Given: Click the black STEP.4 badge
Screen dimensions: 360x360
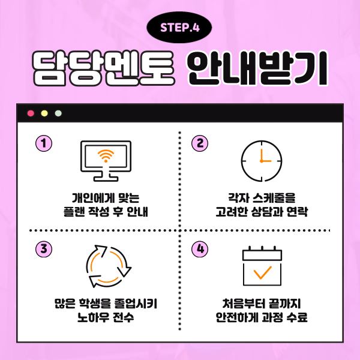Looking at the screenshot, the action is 179,28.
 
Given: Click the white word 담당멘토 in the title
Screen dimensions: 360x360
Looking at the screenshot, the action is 104,68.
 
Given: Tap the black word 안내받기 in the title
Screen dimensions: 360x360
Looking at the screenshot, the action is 258,68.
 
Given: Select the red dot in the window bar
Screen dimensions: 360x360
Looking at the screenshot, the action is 31,113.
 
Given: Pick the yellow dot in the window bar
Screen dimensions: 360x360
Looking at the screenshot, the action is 44,113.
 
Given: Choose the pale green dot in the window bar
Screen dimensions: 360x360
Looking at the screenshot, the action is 58,113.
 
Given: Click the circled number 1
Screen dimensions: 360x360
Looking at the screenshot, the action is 44,143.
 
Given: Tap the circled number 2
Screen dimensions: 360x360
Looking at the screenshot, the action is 200,143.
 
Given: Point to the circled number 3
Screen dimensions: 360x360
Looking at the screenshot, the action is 44,249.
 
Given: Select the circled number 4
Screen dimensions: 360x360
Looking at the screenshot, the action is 200,249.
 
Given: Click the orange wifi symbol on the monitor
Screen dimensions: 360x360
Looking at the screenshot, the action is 106,156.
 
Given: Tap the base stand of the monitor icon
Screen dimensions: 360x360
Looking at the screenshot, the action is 106,177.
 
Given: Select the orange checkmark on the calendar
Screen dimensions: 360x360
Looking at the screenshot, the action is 262,272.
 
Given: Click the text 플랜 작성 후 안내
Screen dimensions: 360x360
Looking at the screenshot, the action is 106,212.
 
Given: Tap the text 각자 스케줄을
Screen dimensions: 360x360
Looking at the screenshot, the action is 262,198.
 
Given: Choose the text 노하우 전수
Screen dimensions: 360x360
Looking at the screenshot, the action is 106,317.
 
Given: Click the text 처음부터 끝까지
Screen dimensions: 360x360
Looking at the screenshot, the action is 262,304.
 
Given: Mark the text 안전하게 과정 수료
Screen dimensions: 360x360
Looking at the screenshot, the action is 262,317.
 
